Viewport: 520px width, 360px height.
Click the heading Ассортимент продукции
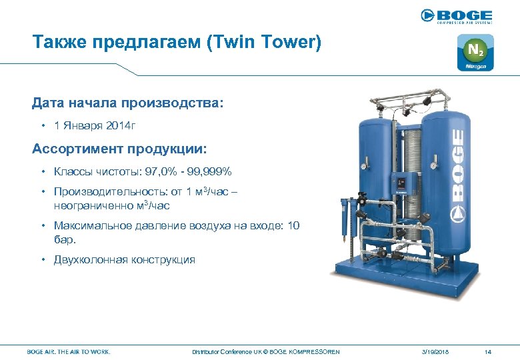(119, 147)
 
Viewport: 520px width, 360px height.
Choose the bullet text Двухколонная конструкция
(125, 259)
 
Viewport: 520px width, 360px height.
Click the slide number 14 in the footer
(488, 351)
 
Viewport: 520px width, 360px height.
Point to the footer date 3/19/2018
(436, 351)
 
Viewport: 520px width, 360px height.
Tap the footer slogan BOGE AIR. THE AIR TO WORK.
(69, 351)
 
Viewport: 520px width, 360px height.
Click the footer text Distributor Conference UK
(223, 351)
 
